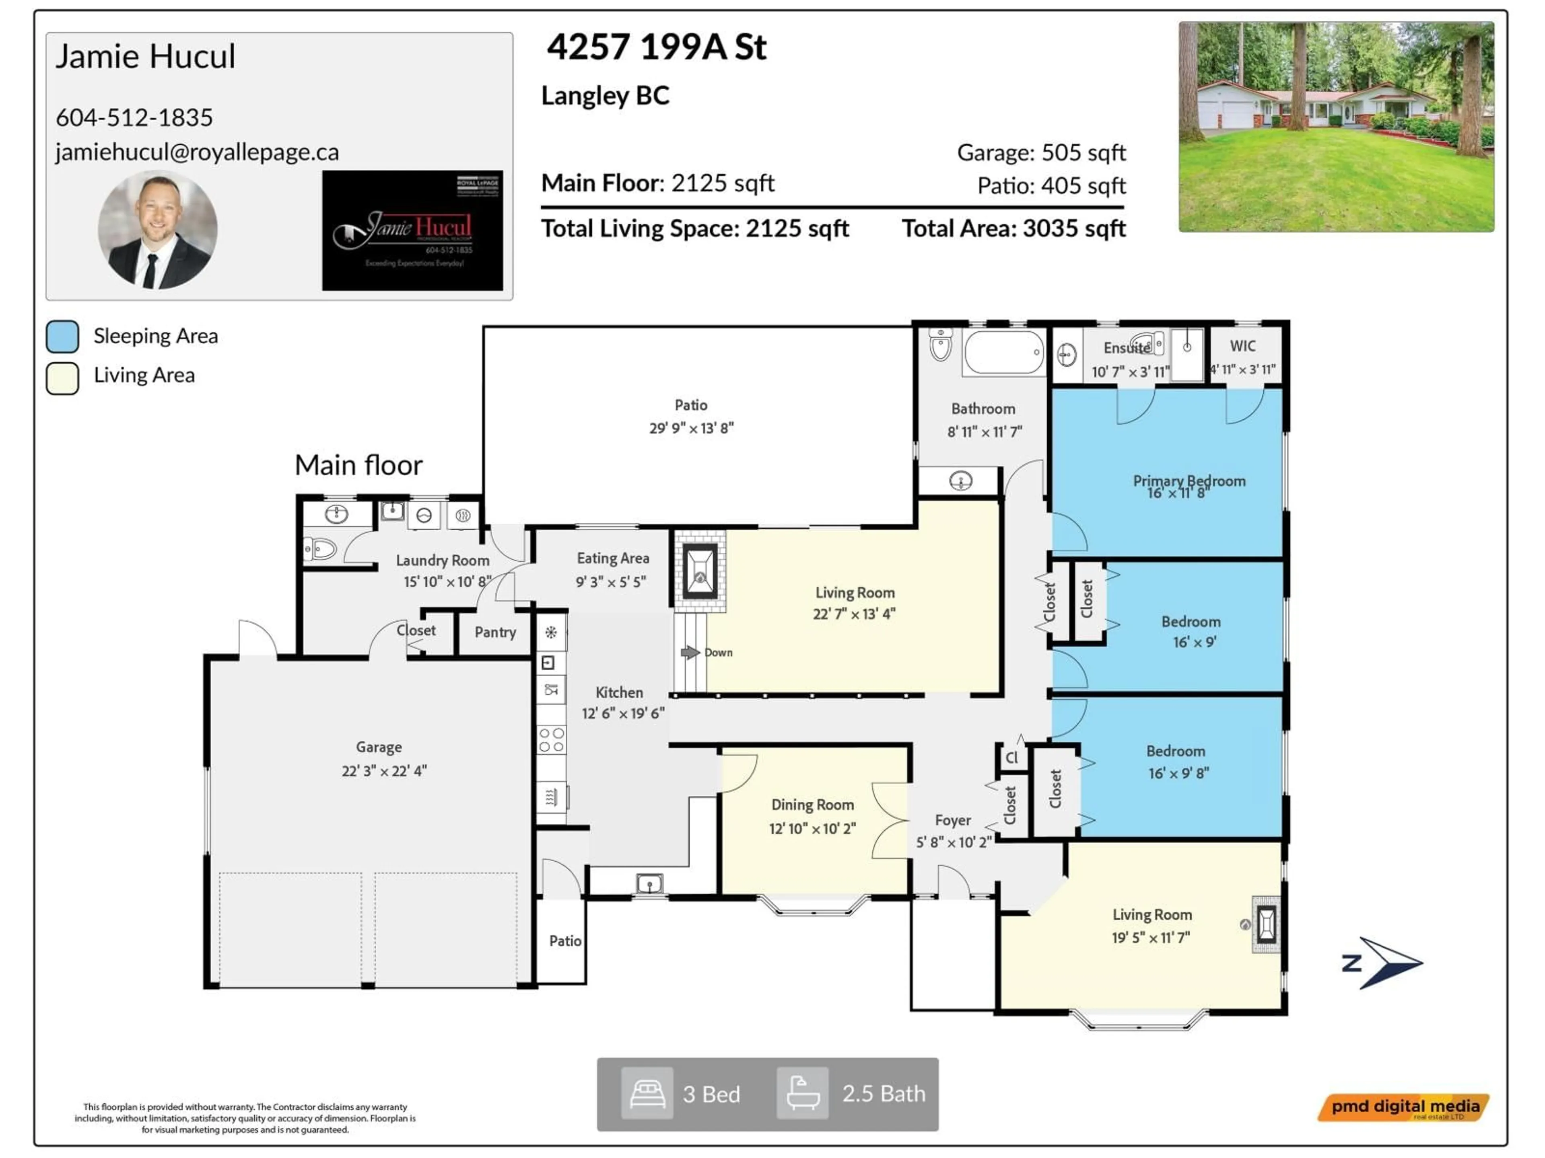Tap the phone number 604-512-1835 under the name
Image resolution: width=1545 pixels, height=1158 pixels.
click(134, 117)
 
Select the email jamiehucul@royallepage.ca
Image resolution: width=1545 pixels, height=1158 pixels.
click(197, 152)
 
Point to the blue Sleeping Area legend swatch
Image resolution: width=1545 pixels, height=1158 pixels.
click(62, 337)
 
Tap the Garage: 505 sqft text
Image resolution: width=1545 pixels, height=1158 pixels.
click(1041, 152)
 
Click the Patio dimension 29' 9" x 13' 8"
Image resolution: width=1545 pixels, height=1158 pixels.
click(691, 428)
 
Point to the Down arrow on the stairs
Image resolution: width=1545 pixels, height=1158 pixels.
click(690, 652)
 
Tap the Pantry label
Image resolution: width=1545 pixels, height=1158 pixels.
click(495, 632)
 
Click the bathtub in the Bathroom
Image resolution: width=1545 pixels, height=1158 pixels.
click(1003, 353)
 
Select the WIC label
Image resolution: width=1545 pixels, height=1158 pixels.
click(1242, 345)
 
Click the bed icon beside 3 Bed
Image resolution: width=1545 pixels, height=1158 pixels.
click(647, 1093)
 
